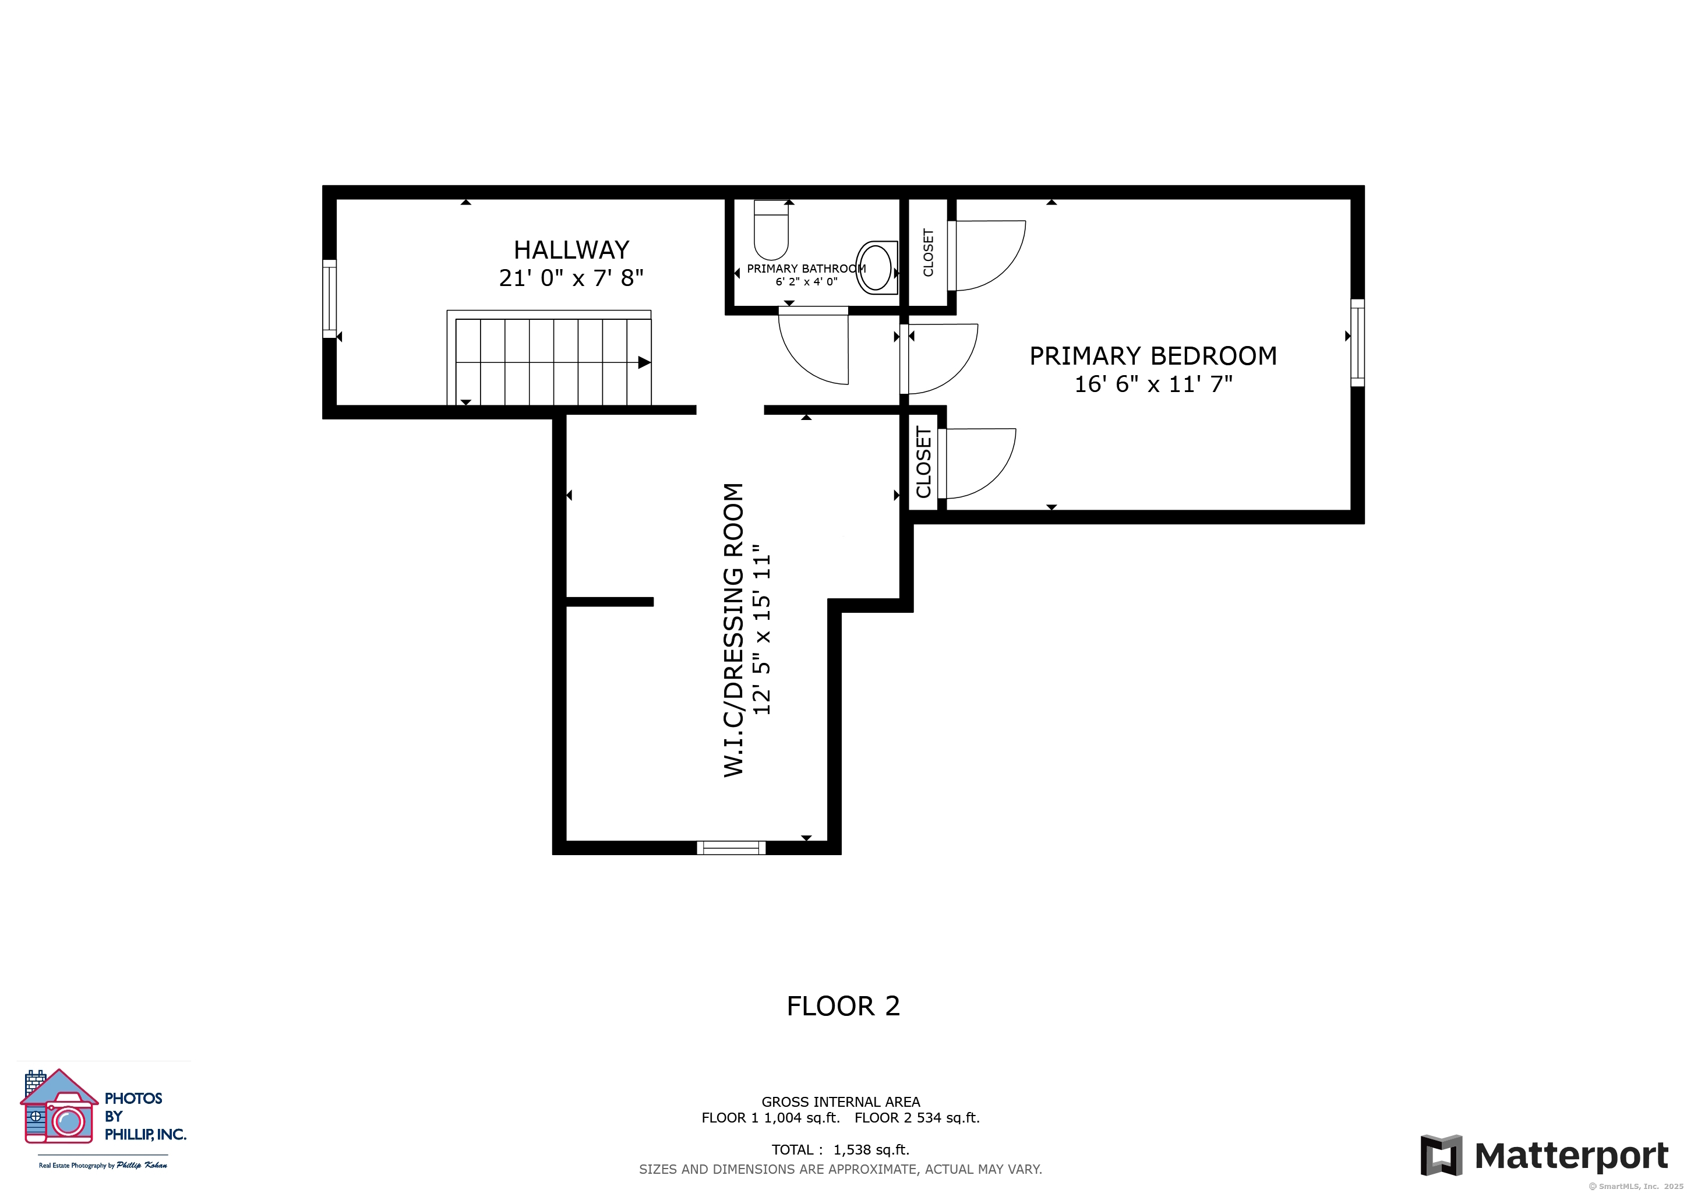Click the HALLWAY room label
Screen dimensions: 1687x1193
571,250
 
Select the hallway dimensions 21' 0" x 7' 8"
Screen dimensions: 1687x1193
571,278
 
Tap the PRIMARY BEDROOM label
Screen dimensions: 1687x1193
1153,357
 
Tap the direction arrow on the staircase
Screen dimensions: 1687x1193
644,362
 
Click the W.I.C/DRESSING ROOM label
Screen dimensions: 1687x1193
733,630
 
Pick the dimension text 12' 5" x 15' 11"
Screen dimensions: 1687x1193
762,630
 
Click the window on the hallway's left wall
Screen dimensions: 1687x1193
329,299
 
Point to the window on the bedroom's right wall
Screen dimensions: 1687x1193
1358,343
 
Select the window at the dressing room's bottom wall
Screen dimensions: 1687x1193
731,848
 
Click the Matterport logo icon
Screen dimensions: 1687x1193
1442,1156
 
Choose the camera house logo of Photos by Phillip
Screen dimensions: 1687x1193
59,1107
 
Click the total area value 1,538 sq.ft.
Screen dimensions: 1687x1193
871,1150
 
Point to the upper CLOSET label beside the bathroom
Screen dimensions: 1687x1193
928,253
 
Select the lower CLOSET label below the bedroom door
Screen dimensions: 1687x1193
923,462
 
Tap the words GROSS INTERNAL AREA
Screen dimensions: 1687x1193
841,1102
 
